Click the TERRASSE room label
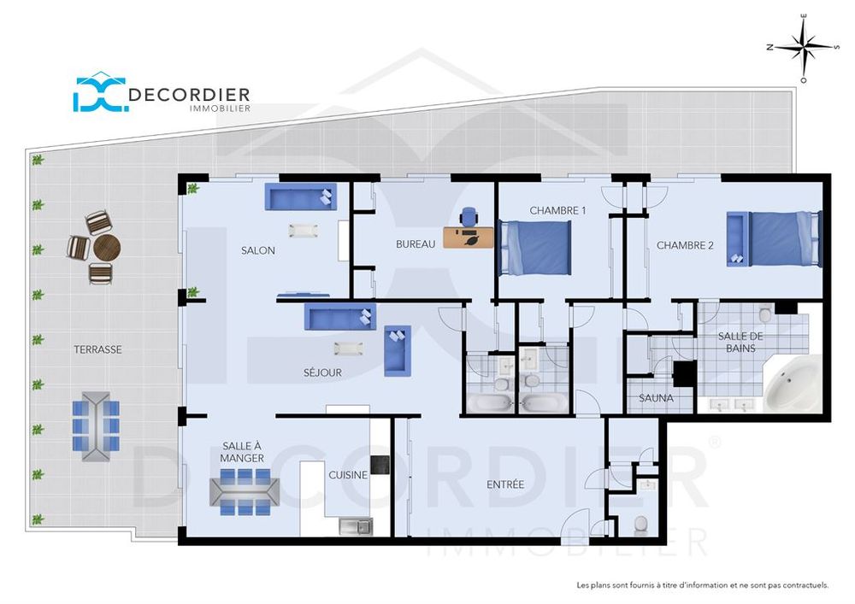click(x=97, y=349)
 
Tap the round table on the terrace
click(x=107, y=249)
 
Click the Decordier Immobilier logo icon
click(x=99, y=93)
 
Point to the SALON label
click(x=257, y=250)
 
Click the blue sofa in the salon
click(x=301, y=197)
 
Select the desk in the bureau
click(x=468, y=237)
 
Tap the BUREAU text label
click(x=416, y=244)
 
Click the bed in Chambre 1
click(x=535, y=248)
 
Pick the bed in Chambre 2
click(x=775, y=239)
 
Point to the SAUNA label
click(x=656, y=398)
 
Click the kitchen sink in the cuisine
click(x=355, y=526)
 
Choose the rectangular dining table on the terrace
click(x=95, y=425)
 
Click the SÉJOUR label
click(x=322, y=372)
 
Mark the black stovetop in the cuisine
click(x=380, y=465)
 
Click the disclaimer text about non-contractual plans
click(x=702, y=585)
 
